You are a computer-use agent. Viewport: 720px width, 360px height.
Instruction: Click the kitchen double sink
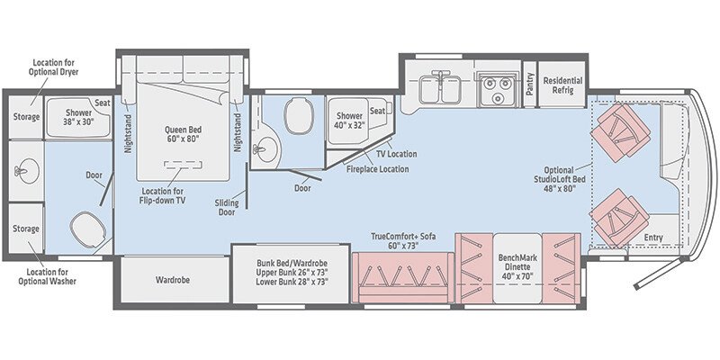[x=441, y=87]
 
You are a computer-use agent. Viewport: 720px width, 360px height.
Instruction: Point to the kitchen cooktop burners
[x=492, y=87]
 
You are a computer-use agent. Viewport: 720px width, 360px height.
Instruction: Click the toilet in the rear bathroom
[x=86, y=229]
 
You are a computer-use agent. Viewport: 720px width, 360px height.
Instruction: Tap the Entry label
[x=655, y=237]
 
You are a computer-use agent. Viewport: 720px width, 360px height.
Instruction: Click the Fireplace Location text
[x=379, y=168]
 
